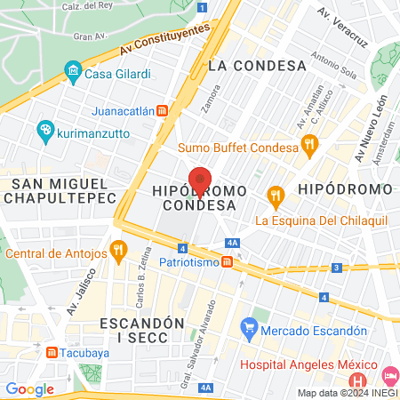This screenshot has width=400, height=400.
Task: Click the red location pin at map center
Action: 200,180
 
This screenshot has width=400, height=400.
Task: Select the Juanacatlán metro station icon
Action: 162,111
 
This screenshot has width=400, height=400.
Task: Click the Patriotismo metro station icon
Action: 228,262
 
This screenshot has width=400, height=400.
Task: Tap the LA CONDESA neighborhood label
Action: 257,65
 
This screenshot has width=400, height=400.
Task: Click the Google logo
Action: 29,388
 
